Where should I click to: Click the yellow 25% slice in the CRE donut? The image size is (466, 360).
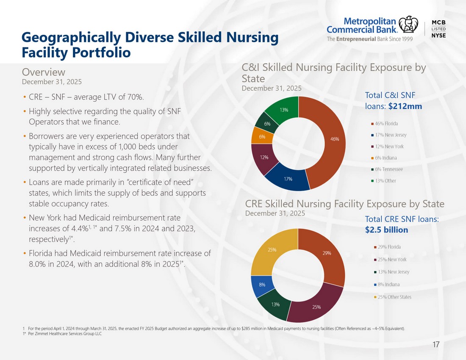[x=272, y=250]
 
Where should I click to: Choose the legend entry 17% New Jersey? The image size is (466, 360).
[x=389, y=135]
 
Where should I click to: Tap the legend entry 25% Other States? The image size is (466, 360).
[x=393, y=297]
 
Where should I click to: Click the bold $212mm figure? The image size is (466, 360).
[x=405, y=106]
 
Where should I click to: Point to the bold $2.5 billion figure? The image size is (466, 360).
[x=387, y=230]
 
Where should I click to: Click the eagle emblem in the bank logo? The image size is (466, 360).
[x=408, y=25]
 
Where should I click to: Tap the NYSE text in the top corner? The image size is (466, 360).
[x=438, y=35]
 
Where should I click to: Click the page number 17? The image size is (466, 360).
[x=436, y=344]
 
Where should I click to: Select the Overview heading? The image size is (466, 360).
[x=43, y=72]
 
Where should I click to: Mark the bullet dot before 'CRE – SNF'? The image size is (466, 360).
[x=25, y=97]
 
